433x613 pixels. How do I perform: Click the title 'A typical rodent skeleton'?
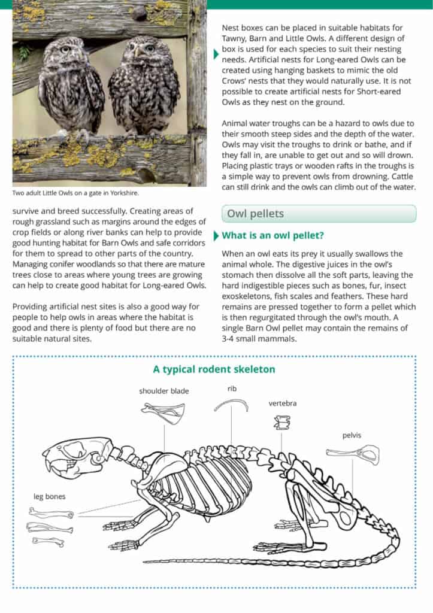[x=214, y=369]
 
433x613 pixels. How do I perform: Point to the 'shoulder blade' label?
[x=163, y=391]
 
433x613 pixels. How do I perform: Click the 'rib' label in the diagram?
[x=232, y=389]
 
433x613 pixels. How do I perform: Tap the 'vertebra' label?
[x=282, y=403]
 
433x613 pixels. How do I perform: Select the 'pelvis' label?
[x=352, y=435]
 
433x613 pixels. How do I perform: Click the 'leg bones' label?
[x=49, y=496]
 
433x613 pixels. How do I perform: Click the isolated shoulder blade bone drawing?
[x=163, y=412]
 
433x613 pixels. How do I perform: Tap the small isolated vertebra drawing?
[x=281, y=424]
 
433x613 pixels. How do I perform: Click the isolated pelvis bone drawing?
[x=352, y=454]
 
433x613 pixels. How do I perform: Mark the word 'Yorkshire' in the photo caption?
[x=125, y=193]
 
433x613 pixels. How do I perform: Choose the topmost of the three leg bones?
[x=51, y=513]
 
